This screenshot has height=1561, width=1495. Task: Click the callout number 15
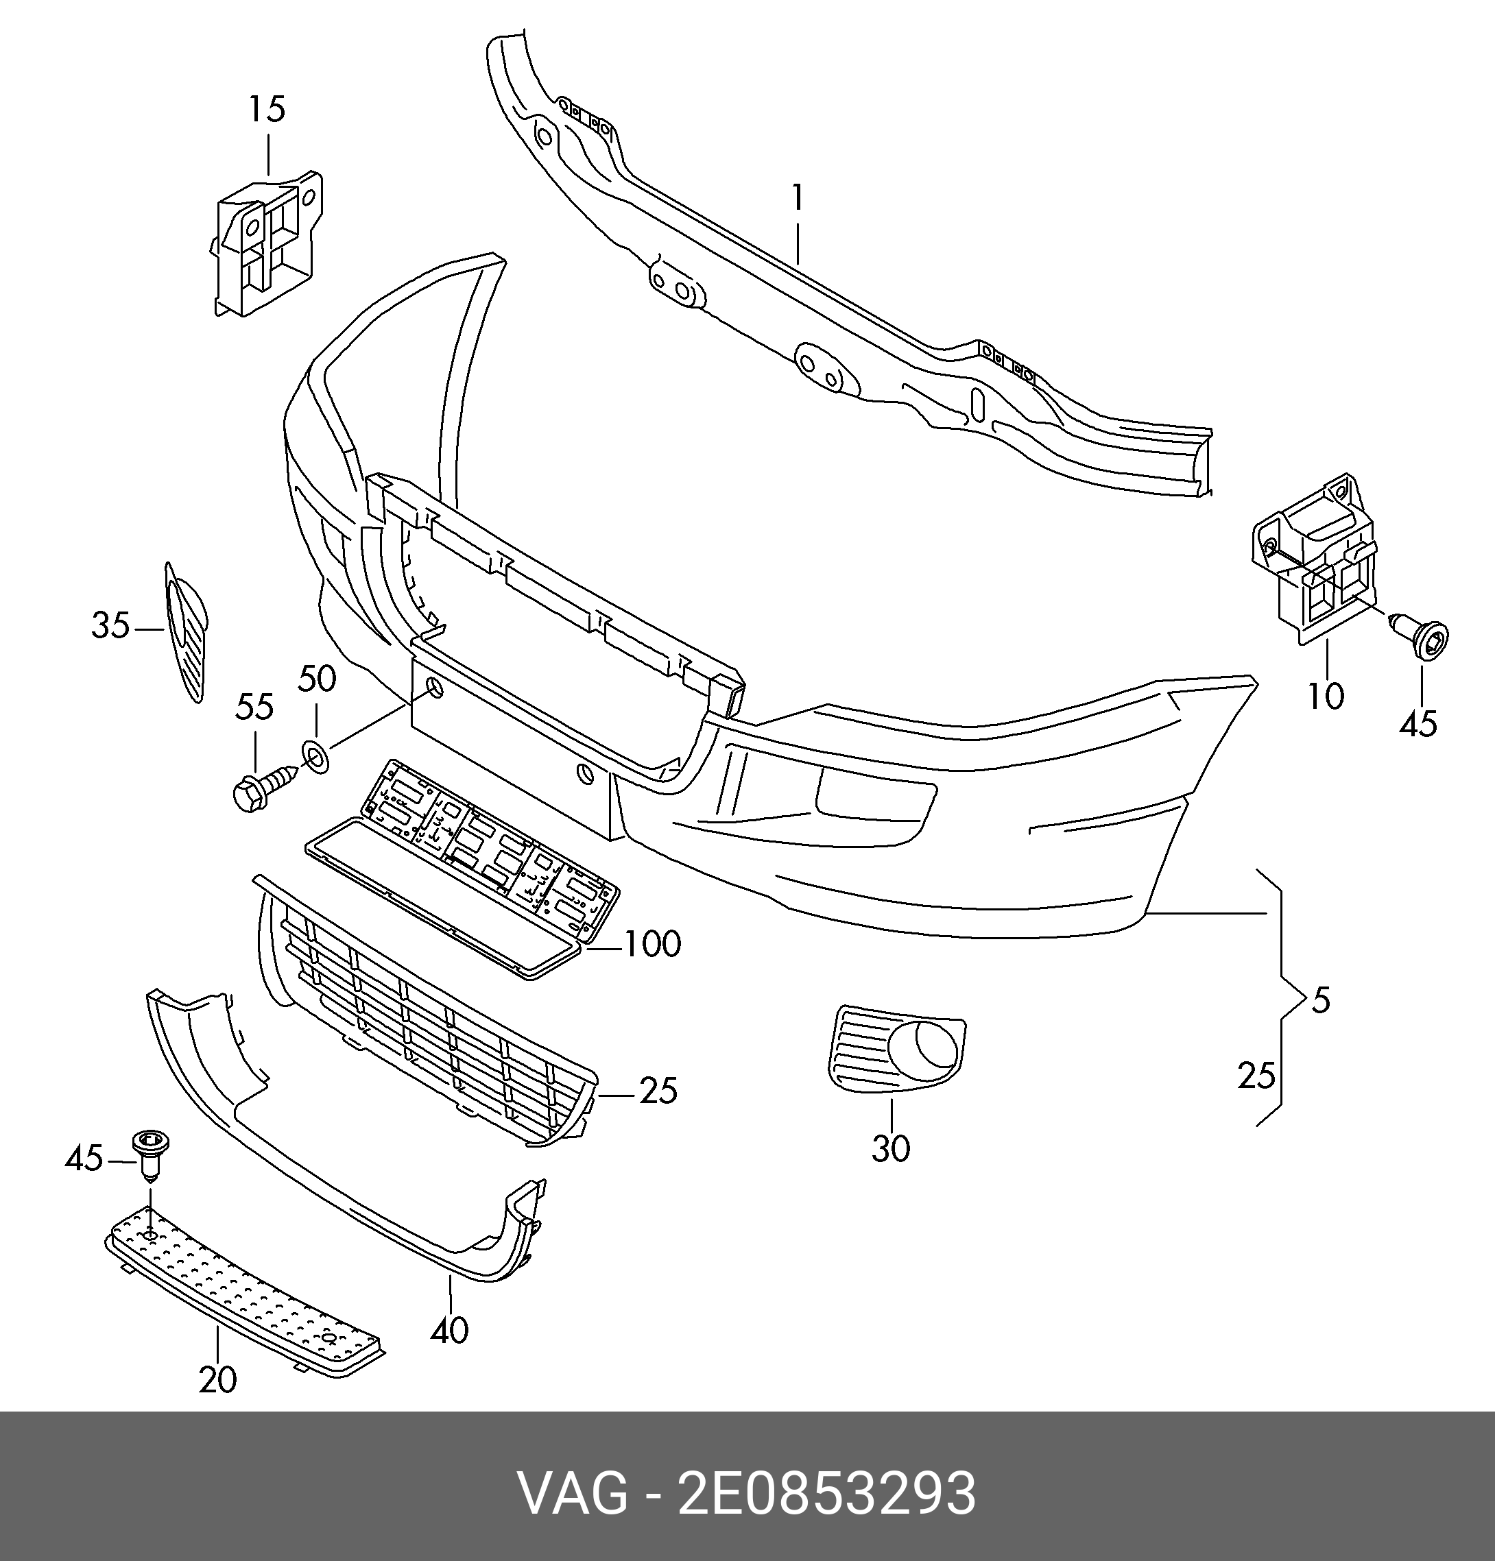(267, 109)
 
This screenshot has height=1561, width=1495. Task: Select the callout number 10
(1326, 696)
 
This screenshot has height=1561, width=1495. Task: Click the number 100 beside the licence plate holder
(651, 945)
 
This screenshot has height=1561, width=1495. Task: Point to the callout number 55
(255, 707)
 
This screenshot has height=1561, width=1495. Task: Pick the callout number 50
(317, 679)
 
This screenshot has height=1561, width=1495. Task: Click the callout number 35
(110, 625)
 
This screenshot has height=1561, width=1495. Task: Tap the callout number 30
(890, 1148)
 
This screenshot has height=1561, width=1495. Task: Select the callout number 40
(449, 1330)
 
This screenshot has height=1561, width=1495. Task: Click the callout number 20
(217, 1380)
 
